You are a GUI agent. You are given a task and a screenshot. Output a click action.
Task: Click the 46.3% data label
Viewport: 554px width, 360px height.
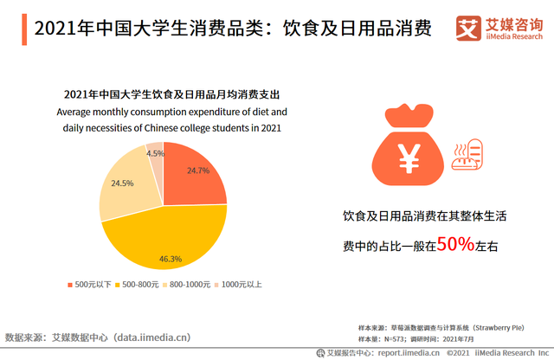pyautogui.click(x=170, y=258)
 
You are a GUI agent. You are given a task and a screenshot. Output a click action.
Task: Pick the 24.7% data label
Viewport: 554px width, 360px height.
pyautogui.click(x=198, y=170)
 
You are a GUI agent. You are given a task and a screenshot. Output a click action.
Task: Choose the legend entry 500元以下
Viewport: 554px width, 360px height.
pyautogui.click(x=92, y=285)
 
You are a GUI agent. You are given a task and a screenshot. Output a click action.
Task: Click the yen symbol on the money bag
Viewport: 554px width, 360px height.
pyautogui.click(x=408, y=159)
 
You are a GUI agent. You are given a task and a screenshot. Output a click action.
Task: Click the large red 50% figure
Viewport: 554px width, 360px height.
pyautogui.click(x=454, y=245)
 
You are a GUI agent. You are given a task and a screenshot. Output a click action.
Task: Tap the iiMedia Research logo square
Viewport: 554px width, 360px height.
pyautogui.click(x=467, y=29)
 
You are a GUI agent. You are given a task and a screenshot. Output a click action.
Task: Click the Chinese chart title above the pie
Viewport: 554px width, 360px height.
pyautogui.click(x=171, y=94)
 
